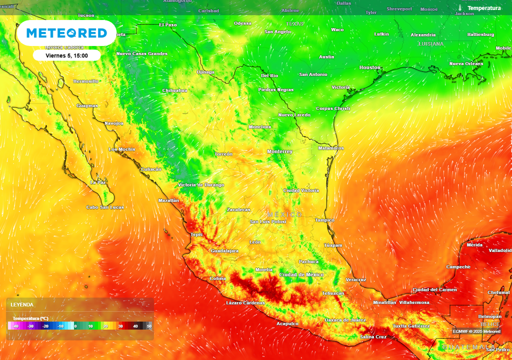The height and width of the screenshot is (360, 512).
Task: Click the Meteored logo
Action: pyautogui.click(x=66, y=33)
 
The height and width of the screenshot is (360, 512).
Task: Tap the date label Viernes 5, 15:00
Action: pyautogui.click(x=66, y=55)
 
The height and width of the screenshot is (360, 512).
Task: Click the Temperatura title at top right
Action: pyautogui.click(x=483, y=8)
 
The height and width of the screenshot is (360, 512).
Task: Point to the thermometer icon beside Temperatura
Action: pyautogui.click(x=460, y=8)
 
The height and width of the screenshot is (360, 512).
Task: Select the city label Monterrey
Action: pyautogui.click(x=280, y=151)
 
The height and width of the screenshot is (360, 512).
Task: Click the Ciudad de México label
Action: pyautogui.click(x=301, y=274)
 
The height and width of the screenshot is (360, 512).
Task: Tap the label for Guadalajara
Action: pyautogui.click(x=224, y=250)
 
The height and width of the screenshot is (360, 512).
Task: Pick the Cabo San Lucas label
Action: pyautogui.click(x=105, y=207)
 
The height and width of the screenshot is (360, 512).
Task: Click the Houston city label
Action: pyautogui.click(x=370, y=67)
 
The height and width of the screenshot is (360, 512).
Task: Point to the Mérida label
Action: pyautogui.click(x=474, y=245)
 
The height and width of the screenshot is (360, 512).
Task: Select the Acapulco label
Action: pyautogui.click(x=287, y=323)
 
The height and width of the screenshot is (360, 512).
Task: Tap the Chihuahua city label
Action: pyautogui.click(x=174, y=90)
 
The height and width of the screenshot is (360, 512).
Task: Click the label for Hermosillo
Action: pyautogui.click(x=86, y=81)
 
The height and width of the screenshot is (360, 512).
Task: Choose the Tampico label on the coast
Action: pyautogui.click(x=324, y=220)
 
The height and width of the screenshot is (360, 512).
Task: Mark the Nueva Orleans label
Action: pyautogui.click(x=466, y=63)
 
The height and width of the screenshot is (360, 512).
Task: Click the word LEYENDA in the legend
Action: pyautogui.click(x=22, y=304)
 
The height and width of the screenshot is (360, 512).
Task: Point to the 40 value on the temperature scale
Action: pyautogui.click(x=135, y=326)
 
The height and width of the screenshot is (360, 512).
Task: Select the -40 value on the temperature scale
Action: pyautogui.click(x=16, y=326)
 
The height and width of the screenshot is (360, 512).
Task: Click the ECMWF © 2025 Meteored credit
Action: pyautogui.click(x=476, y=331)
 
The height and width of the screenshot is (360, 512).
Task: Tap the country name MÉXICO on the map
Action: pyautogui.click(x=284, y=214)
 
